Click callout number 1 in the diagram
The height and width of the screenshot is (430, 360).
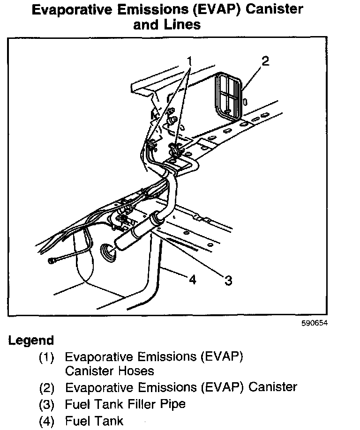(190, 61)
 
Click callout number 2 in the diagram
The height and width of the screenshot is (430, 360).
(265, 61)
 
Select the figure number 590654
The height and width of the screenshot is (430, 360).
(314, 323)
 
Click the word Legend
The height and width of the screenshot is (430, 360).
(31, 341)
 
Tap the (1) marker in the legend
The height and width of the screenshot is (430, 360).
(47, 357)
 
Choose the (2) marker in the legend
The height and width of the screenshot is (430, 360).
(47, 388)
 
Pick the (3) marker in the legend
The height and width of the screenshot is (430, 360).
(47, 404)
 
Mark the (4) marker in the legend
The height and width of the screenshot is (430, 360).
(47, 421)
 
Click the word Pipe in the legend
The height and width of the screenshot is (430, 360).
(173, 404)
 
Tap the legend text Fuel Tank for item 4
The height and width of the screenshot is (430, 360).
(94, 421)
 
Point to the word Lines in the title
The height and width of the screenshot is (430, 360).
(181, 24)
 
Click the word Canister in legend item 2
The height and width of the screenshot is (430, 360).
(273, 387)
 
